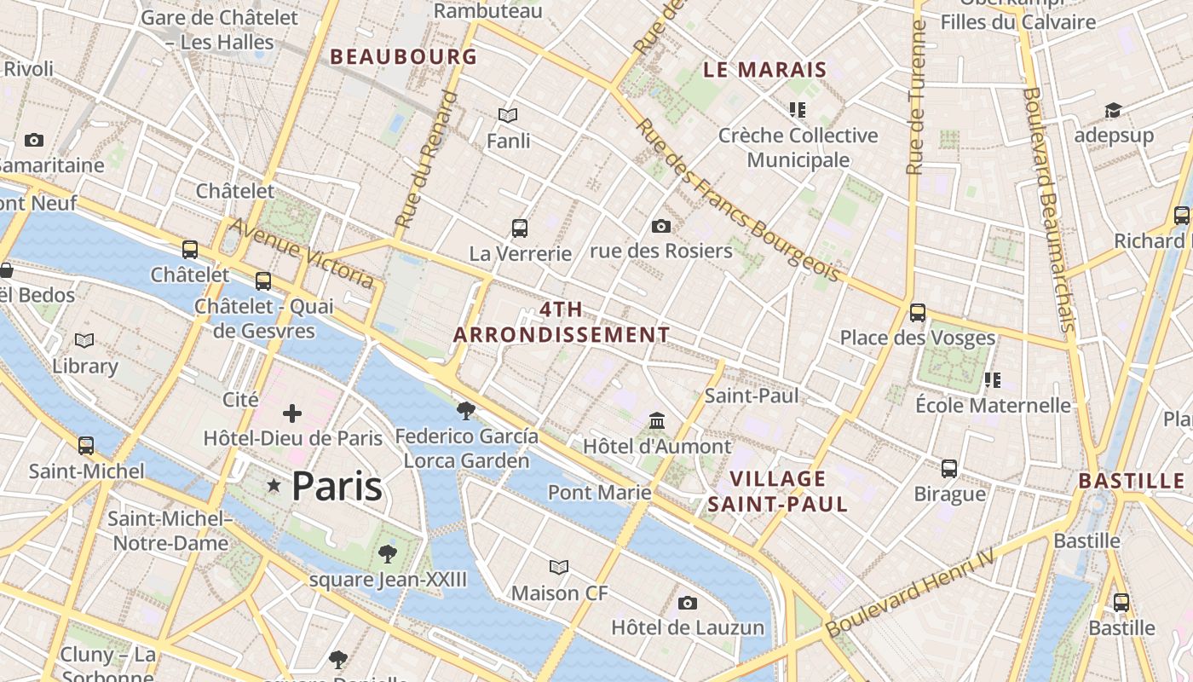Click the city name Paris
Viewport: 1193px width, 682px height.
tap(337, 487)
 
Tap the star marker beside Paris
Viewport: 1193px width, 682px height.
tap(274, 486)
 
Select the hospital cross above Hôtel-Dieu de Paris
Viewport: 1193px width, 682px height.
tap(292, 414)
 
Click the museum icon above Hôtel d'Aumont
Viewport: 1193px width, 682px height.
tap(657, 421)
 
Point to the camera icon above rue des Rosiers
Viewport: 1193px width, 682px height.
tap(660, 226)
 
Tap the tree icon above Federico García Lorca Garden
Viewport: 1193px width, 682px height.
tap(465, 411)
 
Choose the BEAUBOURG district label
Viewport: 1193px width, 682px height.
tap(403, 57)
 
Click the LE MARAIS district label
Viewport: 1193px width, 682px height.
tap(764, 70)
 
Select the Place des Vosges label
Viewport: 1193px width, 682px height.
tap(917, 338)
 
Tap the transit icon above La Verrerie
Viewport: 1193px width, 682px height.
tap(520, 228)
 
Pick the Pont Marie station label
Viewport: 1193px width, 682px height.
tap(599, 492)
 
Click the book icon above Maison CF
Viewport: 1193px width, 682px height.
tap(559, 568)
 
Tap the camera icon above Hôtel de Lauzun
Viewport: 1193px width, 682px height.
tap(688, 604)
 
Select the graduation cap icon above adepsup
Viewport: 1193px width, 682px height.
tap(1113, 111)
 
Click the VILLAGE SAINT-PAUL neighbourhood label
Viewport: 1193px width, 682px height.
tap(778, 491)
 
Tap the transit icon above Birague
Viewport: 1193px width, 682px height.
tap(949, 469)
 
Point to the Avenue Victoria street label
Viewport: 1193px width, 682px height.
tap(302, 253)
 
